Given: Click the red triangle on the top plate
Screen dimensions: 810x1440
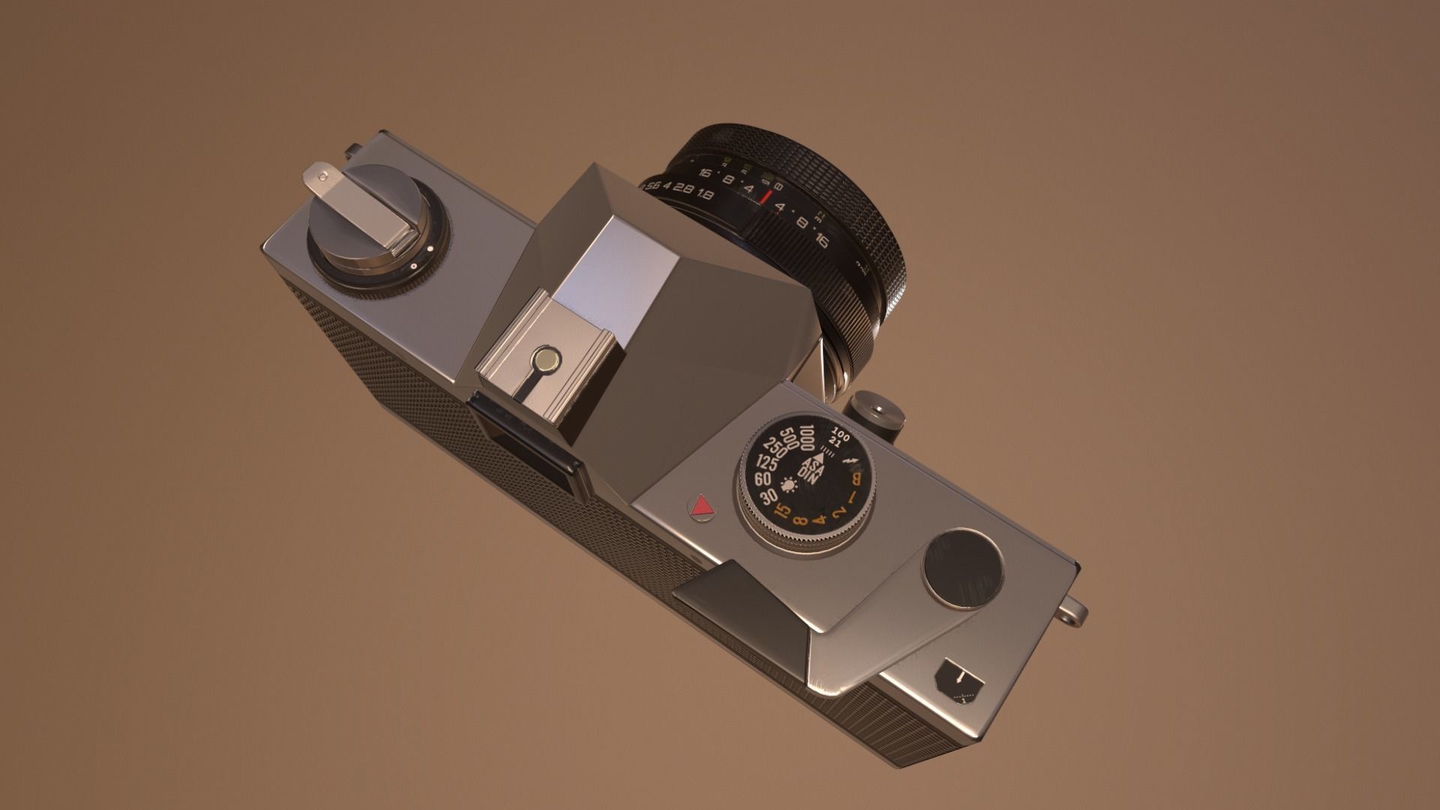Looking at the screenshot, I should click(x=702, y=508).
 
